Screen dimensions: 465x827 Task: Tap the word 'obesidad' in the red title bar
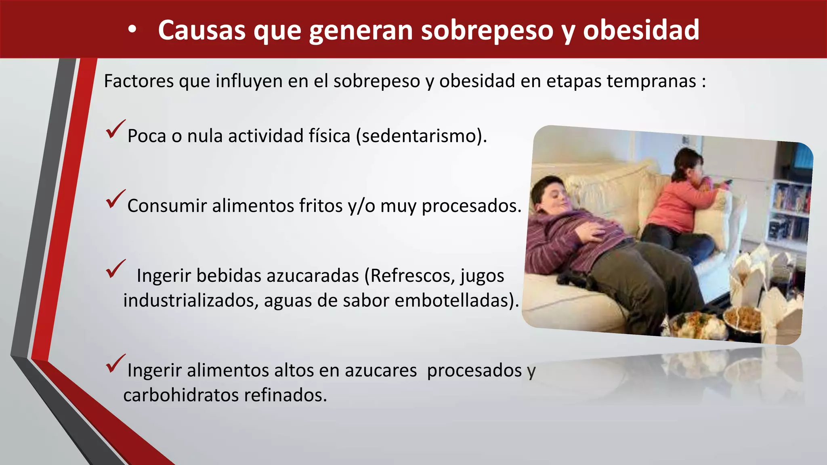641,30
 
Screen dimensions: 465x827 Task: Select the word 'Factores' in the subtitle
139,81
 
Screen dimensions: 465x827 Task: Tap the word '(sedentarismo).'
421,136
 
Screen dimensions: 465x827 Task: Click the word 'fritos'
321,206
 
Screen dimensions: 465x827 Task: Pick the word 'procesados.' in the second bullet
471,206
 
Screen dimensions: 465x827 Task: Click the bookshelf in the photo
789,210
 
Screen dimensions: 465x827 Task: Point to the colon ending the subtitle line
703,82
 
